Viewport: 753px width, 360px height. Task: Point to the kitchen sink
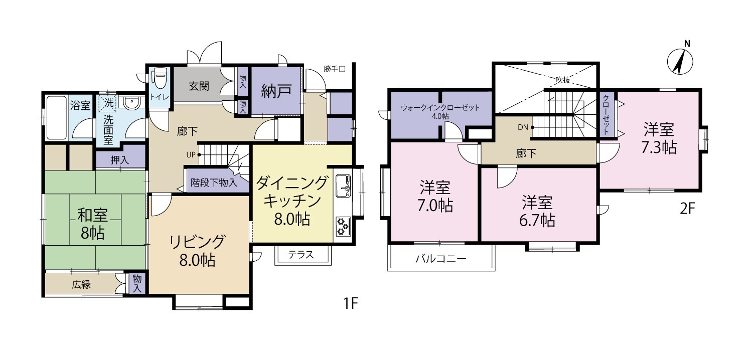[x=343, y=187]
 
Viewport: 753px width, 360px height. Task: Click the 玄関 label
[x=199, y=86]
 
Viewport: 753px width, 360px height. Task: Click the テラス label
[x=301, y=255]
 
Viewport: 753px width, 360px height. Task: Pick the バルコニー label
[x=441, y=259]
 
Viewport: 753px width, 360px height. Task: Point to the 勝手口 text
[x=335, y=69]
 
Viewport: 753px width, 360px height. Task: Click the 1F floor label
[x=350, y=303]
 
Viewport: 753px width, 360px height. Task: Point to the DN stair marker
[x=523, y=127]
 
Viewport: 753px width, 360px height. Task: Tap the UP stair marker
[x=191, y=154]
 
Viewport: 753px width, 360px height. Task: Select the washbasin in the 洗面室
[x=131, y=104]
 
